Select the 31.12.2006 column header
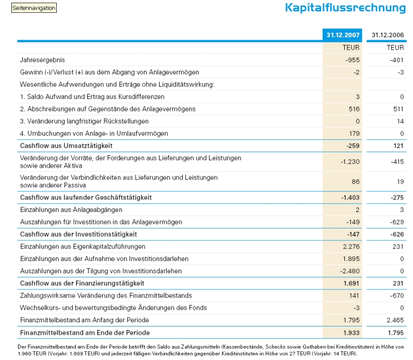pyautogui.click(x=387, y=35)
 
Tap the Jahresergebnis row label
pyautogui.click(x=42, y=60)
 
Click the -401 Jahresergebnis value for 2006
pyautogui.click(x=398, y=60)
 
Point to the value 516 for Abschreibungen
pyautogui.click(x=353, y=109)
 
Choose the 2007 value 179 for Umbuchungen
pyautogui.click(x=353, y=134)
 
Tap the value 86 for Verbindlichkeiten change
pyautogui.click(x=355, y=182)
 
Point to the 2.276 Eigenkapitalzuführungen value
pyautogui.click(x=351, y=247)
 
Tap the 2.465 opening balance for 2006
pyautogui.click(x=395, y=320)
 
